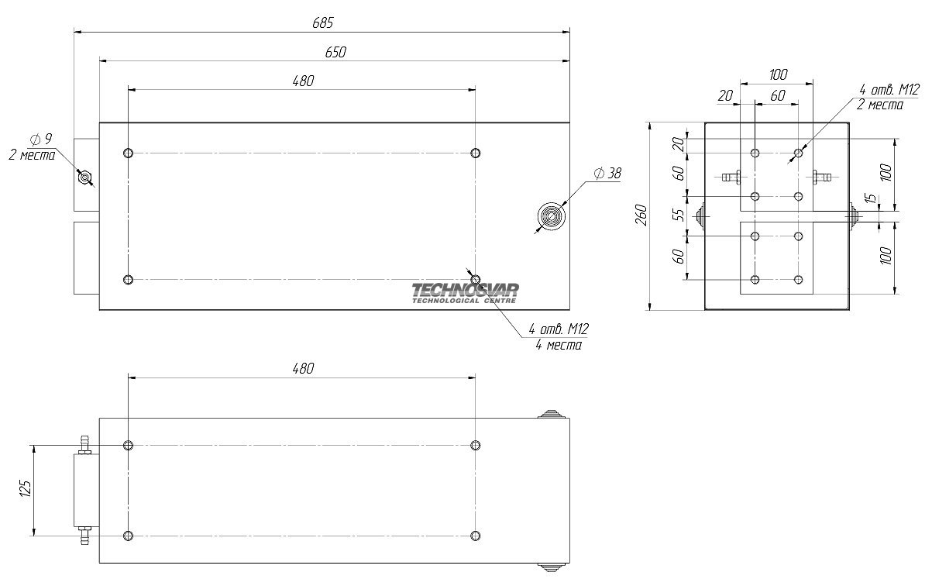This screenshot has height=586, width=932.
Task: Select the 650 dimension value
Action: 335,52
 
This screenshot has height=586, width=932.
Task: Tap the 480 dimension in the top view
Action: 303,81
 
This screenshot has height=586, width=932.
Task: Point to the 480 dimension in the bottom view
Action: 303,368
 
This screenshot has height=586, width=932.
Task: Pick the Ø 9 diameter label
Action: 40,139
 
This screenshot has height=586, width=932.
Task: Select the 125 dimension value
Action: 25,489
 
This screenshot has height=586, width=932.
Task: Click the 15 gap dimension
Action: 872,199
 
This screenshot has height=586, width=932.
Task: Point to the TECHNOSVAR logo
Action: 465,292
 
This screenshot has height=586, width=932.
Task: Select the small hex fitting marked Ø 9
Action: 84,178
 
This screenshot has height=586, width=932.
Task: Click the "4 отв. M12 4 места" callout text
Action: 559,337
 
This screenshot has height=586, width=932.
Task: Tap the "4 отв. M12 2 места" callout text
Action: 880,97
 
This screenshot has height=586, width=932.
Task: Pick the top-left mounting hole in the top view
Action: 129,153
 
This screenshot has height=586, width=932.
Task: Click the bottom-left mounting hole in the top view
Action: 129,279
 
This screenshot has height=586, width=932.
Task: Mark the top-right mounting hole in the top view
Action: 476,153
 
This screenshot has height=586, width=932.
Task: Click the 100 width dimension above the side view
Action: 778,74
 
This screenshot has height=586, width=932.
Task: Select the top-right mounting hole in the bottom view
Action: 476,445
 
